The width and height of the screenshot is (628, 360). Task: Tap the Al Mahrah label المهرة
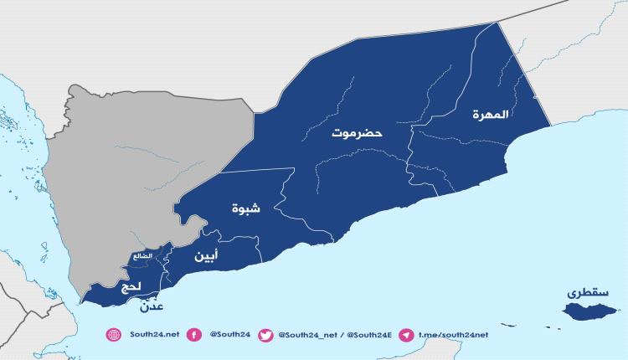[491, 113]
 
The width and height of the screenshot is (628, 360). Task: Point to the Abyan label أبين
[208, 255]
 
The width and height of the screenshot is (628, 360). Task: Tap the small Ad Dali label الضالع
[142, 255]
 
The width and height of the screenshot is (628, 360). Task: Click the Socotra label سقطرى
[584, 293]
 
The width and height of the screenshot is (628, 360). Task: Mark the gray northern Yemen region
[142, 167]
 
